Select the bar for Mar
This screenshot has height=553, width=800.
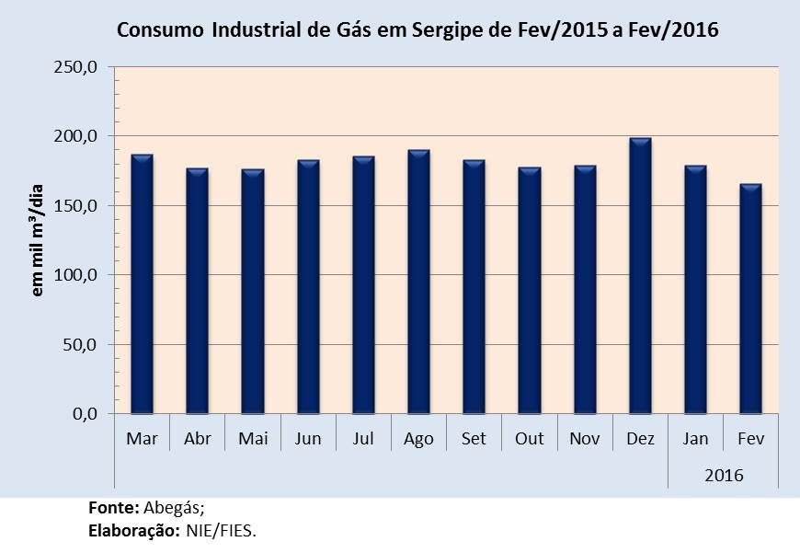[142, 284]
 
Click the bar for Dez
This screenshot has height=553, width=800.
[640, 276]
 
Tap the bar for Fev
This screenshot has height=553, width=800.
[750, 299]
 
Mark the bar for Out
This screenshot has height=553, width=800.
[530, 291]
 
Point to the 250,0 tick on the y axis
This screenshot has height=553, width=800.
[80, 67]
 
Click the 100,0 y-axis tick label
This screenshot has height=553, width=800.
[80, 275]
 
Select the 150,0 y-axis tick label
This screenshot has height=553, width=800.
[80, 206]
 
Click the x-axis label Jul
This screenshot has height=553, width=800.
[363, 439]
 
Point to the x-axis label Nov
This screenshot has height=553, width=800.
[585, 439]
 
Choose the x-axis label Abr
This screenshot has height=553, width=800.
[198, 439]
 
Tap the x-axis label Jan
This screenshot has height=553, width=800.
[695, 439]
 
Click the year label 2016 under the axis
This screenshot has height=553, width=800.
[724, 476]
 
